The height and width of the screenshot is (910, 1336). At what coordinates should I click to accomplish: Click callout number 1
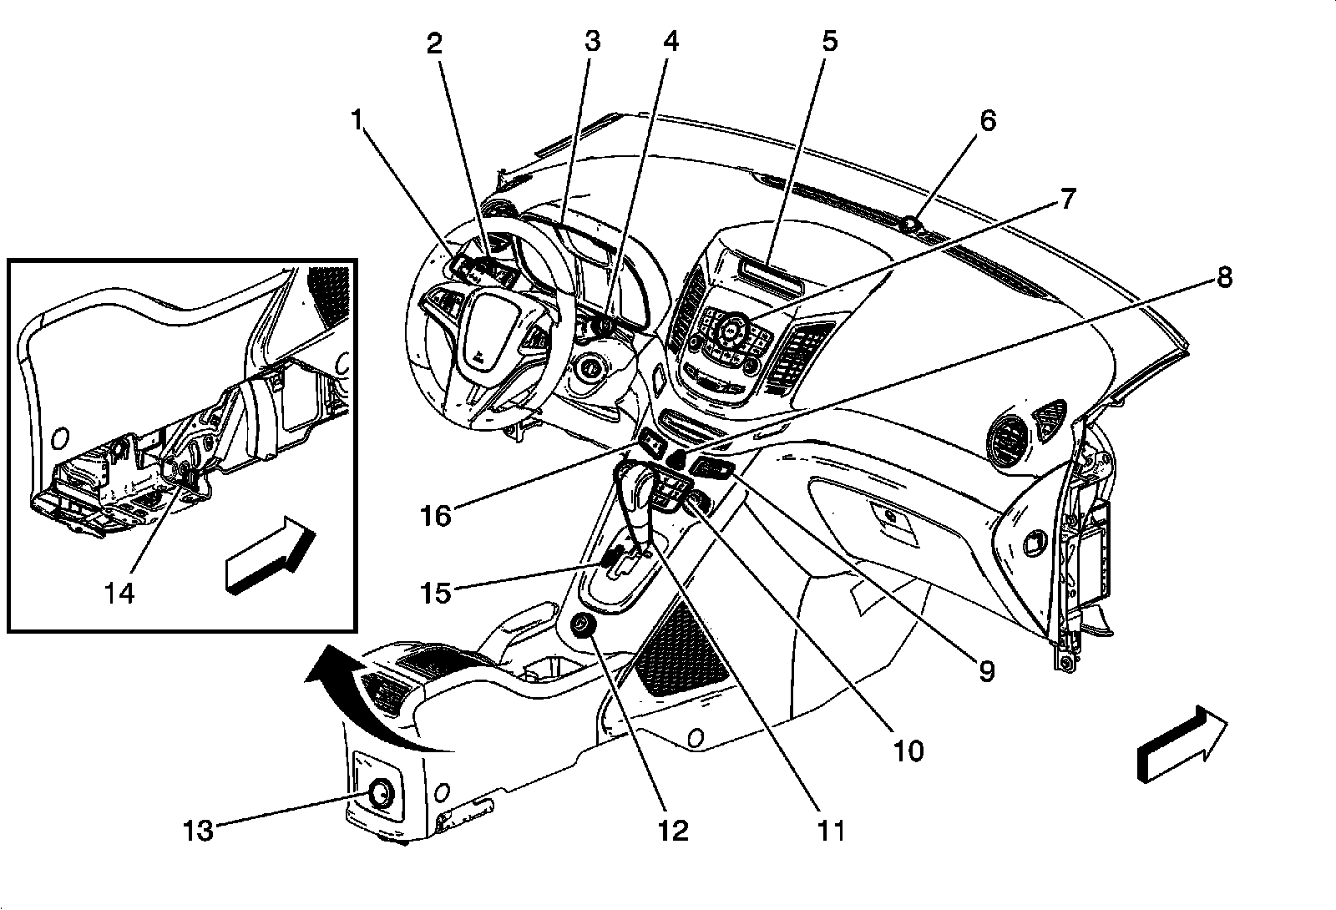(357, 121)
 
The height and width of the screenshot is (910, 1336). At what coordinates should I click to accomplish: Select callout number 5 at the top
(829, 41)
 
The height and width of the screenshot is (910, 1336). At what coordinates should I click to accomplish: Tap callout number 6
(988, 121)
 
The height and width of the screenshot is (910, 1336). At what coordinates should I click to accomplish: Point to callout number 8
(1223, 276)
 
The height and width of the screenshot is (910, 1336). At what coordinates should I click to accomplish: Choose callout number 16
(436, 515)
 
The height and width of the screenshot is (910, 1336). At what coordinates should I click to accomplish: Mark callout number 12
(673, 830)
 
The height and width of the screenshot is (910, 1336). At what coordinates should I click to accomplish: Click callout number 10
(908, 751)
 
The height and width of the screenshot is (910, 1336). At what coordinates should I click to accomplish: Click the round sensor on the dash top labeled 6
(910, 224)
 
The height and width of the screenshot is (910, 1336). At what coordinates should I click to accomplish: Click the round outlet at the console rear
(380, 793)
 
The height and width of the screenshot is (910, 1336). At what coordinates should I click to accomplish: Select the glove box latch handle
(891, 518)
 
